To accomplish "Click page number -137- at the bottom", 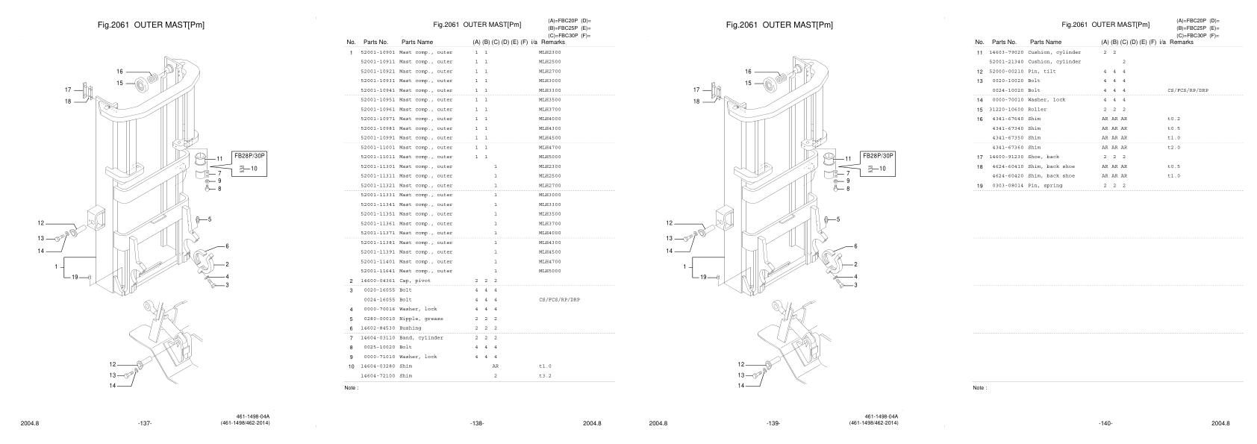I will point(145,423).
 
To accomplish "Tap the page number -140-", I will point(1105,423).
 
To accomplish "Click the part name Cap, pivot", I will point(414,281).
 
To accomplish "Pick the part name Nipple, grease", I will point(420,319).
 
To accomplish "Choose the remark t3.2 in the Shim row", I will point(544,376).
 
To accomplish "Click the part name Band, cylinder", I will point(420,338).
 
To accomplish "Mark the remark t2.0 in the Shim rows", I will point(1173,148).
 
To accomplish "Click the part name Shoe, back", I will point(1043,157).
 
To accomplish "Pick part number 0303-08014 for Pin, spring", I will point(1008,186).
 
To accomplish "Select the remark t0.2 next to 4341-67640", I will point(1173,119).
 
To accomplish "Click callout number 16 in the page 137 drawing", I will point(119,72).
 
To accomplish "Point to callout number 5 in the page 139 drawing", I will point(838,219).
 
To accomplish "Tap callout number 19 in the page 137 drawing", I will point(75,277).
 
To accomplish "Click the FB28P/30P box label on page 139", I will point(877,156).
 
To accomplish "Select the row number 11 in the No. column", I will point(979,52).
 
